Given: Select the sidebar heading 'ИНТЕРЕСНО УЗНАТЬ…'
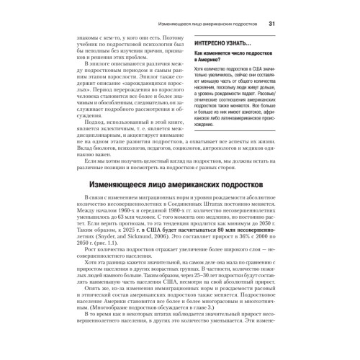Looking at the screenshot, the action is pos(225,42).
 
